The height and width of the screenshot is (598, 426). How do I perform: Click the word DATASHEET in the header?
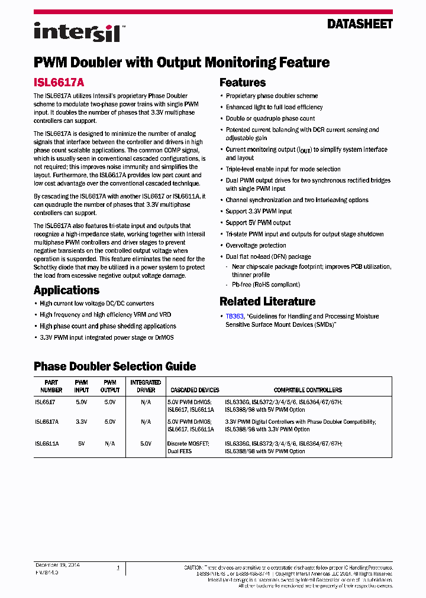tap(360, 24)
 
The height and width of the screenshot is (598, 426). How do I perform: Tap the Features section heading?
tap(243, 83)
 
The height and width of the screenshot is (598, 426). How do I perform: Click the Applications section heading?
tap(66, 290)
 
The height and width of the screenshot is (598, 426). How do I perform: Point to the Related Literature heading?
tap(267, 301)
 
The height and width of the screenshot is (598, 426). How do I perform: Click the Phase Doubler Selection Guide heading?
tap(115, 366)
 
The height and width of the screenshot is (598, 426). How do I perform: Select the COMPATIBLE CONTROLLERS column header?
tap(308, 390)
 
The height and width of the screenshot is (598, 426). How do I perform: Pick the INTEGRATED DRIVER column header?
tap(146, 386)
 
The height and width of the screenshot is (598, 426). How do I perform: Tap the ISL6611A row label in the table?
tap(47, 443)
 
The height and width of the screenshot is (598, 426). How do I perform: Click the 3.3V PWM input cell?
tap(81, 422)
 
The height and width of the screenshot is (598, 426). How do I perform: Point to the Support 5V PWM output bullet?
tap(259, 223)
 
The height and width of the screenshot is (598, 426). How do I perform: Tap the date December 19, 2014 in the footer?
tap(57, 565)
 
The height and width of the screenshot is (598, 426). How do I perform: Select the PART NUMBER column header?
tap(51, 386)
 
